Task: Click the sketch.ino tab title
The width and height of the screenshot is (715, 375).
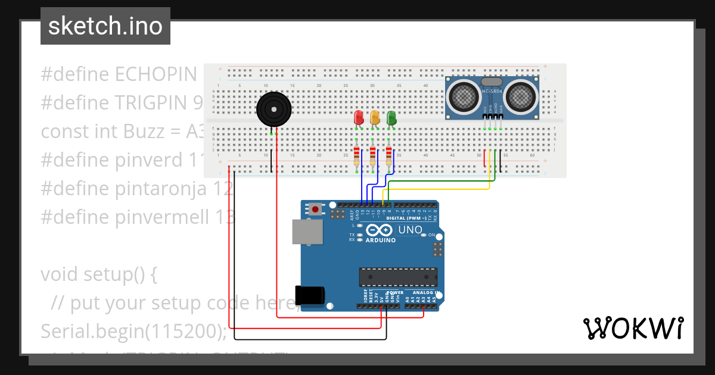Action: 105,26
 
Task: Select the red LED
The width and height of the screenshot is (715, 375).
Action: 358,117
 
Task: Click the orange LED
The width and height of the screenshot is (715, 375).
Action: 375,117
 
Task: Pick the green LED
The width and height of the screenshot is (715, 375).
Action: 391,117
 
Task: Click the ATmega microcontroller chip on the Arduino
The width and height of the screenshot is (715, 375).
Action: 397,277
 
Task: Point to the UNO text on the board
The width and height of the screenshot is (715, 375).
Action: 410,230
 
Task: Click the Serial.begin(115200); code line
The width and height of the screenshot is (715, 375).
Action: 134,331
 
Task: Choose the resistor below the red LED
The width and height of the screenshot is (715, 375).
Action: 356,156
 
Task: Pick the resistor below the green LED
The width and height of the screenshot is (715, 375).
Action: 390,156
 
